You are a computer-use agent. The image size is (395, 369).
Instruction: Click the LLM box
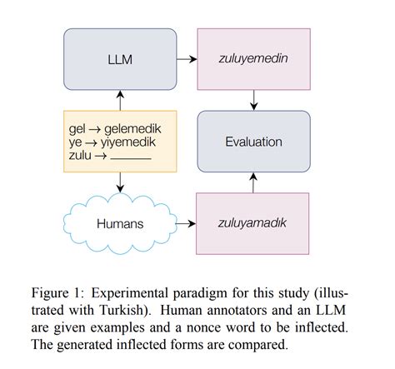point(120,60)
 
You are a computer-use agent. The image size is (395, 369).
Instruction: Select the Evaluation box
point(253,142)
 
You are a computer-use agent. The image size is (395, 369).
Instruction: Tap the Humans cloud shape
point(119,223)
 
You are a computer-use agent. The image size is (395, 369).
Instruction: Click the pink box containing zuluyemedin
point(253,59)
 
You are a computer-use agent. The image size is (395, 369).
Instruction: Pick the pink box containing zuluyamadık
point(253,223)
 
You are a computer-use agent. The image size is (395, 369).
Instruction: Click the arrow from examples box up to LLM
point(120,102)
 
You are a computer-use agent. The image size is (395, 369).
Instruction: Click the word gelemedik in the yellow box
point(132,129)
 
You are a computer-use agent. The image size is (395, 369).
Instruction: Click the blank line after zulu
point(132,157)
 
